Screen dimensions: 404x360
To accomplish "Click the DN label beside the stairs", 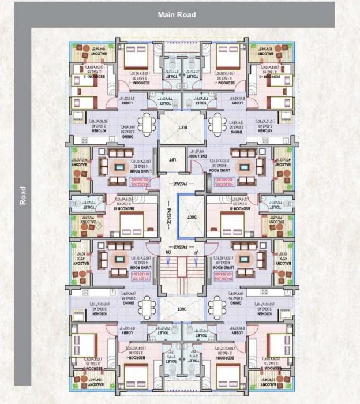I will [168, 253].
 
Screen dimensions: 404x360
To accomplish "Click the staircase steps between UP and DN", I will [182, 271].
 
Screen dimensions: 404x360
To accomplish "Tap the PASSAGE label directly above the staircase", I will [182, 246].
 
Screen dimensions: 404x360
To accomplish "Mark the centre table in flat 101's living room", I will [119, 259].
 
